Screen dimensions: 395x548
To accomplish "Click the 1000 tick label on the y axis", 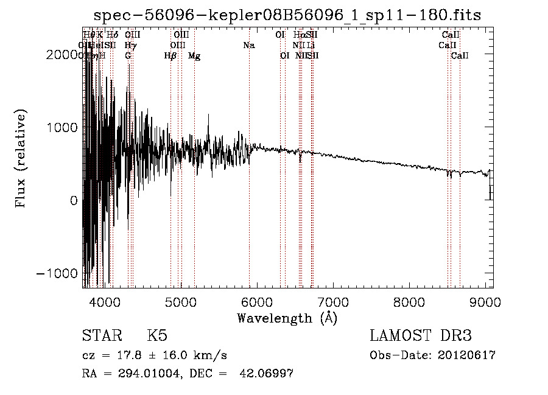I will click(x=63, y=127).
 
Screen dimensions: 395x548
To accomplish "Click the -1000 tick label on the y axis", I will click(x=58, y=273).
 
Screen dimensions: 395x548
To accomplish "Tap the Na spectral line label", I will click(x=248, y=45).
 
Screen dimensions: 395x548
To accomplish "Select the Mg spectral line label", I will click(x=194, y=56).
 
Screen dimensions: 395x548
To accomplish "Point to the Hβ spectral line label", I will click(x=170, y=56).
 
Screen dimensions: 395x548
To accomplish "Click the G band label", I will click(x=128, y=55).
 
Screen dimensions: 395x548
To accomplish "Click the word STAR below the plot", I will click(x=101, y=336).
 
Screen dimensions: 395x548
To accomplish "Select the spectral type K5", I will click(x=156, y=336).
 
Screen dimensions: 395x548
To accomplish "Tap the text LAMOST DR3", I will click(x=421, y=336).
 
